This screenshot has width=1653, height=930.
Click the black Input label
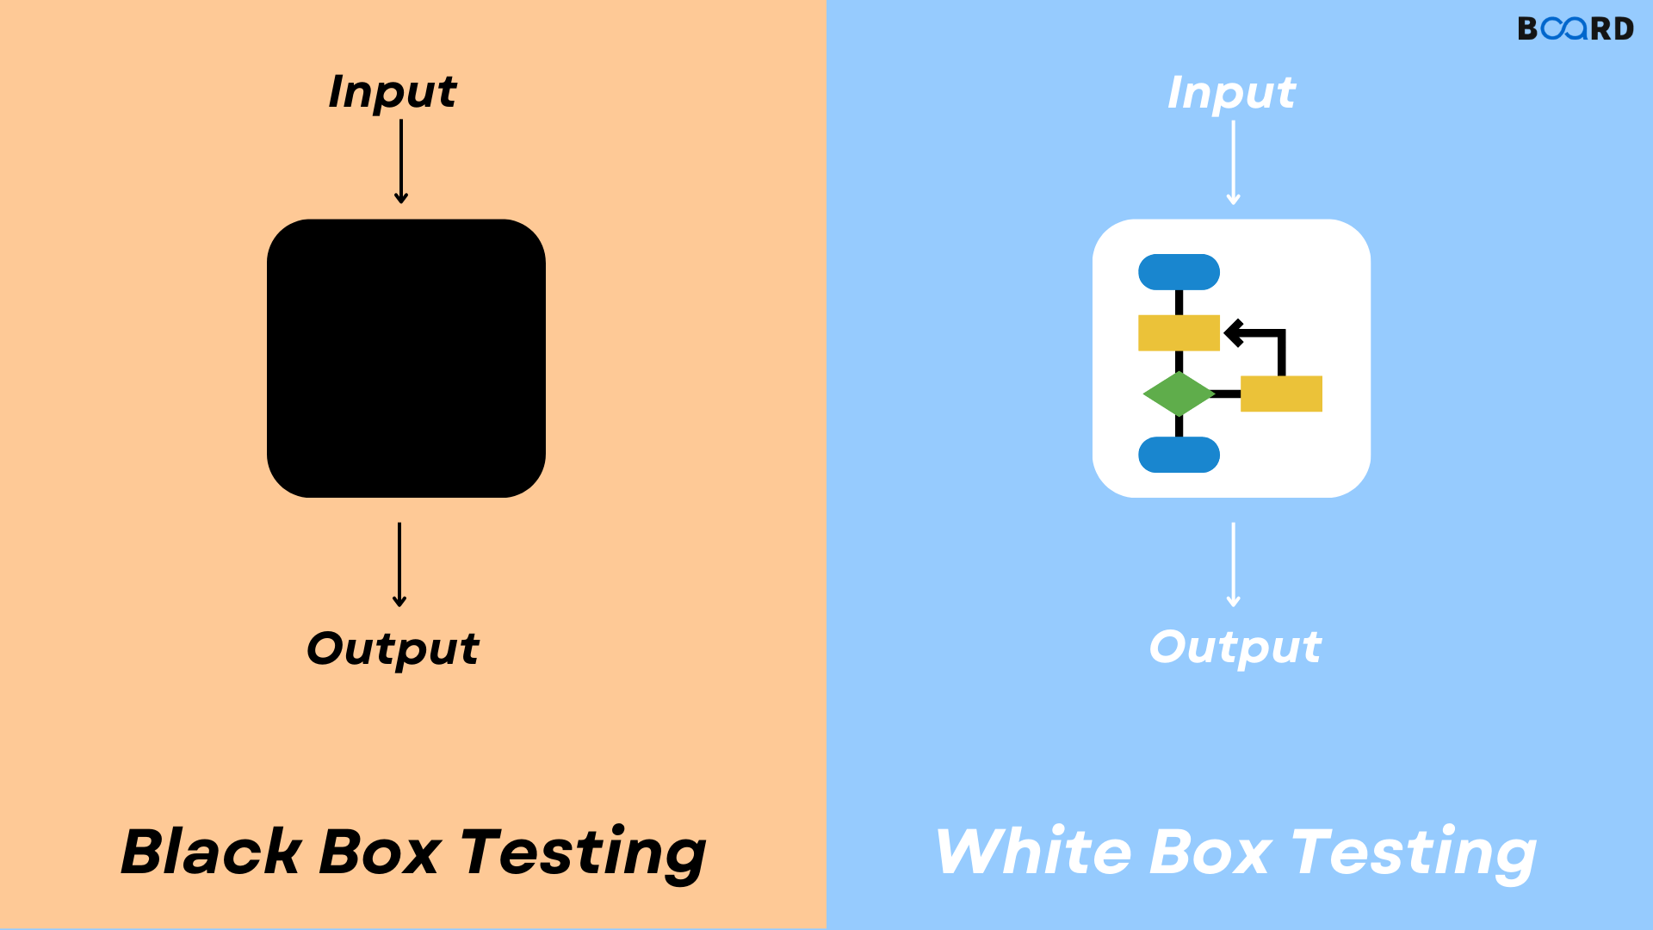coord(393,92)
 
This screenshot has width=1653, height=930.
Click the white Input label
coord(1231,93)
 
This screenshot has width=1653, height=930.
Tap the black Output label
coord(393,648)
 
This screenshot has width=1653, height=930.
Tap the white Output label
coord(1235,648)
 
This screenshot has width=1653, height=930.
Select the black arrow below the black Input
coord(401,162)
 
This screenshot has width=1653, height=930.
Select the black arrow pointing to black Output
coord(399,565)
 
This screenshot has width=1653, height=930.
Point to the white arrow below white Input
coord(1233,163)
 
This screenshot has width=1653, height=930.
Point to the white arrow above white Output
coord(1233,565)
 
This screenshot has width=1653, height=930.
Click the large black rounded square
coord(406,358)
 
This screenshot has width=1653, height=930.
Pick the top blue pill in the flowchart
coord(1179,272)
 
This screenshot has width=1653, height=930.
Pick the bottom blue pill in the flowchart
coord(1179,455)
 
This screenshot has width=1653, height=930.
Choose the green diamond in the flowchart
coord(1178,394)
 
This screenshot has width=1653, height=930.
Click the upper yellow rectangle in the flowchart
coord(1179,332)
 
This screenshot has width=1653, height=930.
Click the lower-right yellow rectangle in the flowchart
coord(1281,394)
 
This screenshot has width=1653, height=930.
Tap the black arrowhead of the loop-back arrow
coord(1234,332)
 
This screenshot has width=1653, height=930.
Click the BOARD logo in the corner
coord(1575,28)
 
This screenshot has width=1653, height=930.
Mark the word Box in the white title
coord(1210,852)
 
